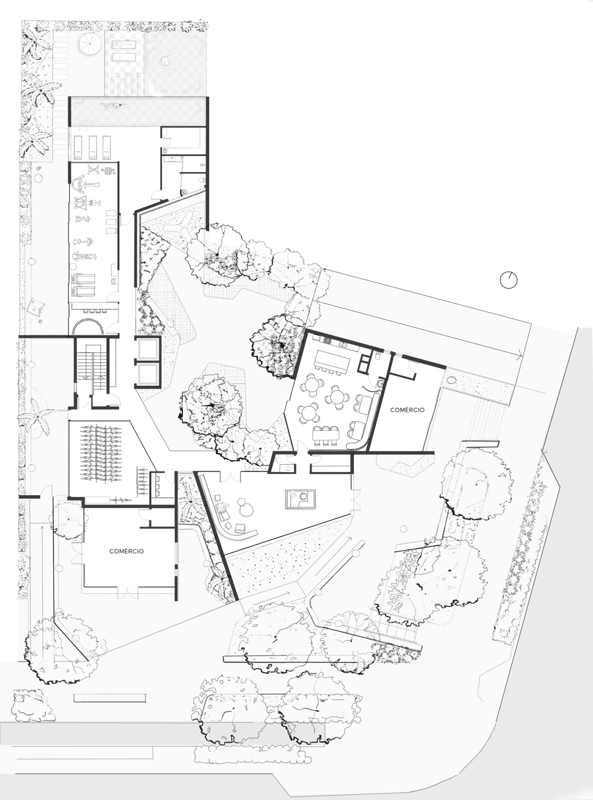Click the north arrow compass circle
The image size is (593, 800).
508,280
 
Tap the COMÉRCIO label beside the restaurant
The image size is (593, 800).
407,410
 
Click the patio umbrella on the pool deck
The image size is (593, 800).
90,44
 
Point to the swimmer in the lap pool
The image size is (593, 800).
114,106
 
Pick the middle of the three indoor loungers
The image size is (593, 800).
93,147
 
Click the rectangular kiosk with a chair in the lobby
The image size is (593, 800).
301,499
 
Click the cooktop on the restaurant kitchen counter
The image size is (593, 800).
327,341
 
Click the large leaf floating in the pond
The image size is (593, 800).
166,61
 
